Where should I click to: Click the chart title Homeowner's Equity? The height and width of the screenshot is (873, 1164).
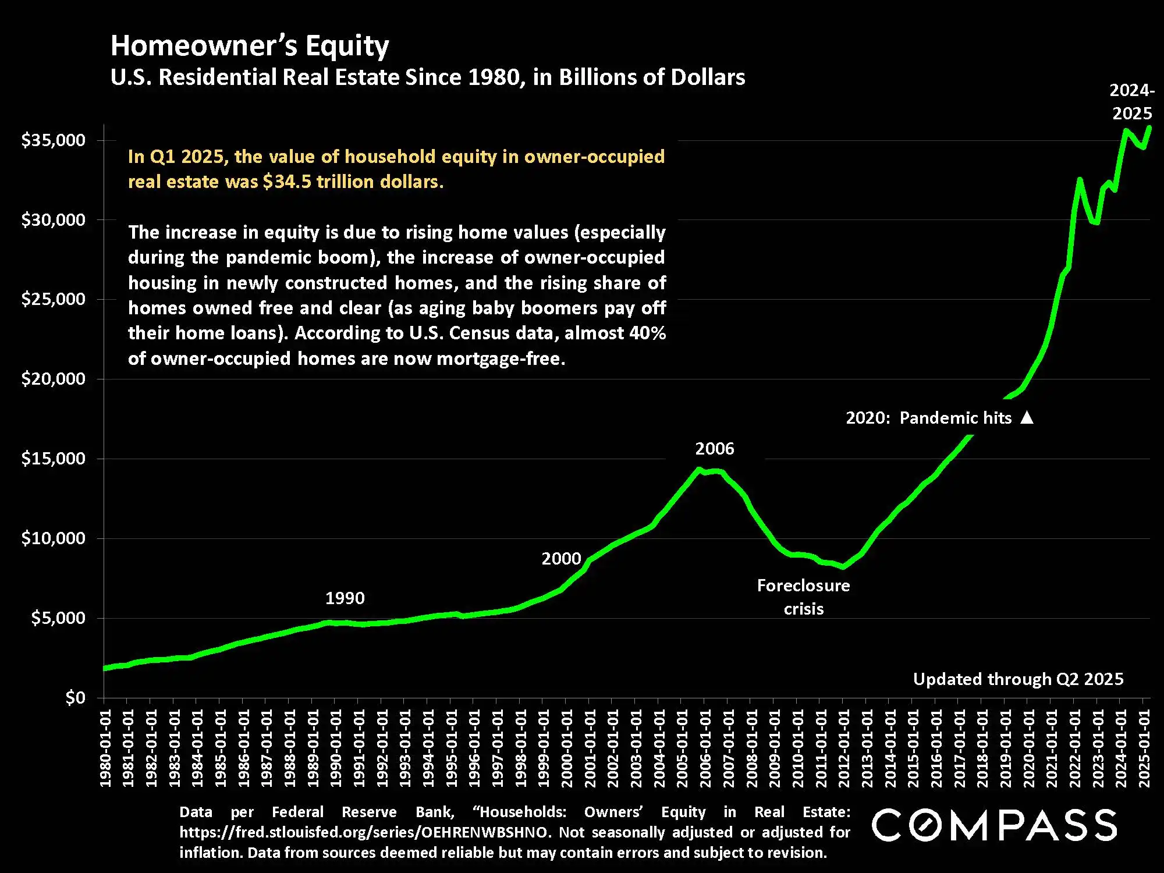(250, 45)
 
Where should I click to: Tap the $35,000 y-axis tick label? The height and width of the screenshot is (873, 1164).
(53, 140)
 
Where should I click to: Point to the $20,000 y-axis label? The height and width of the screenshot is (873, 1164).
(53, 379)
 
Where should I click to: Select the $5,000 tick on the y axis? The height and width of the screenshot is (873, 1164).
(58, 618)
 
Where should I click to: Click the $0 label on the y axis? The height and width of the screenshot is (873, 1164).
(75, 697)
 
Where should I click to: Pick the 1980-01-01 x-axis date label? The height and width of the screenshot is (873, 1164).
(105, 748)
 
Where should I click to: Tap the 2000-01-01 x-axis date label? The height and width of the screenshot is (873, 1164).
(567, 748)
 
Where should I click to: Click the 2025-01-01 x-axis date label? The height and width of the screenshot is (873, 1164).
(1144, 748)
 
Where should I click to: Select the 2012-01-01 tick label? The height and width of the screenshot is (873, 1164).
(844, 748)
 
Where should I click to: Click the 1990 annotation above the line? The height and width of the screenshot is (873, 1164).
(345, 598)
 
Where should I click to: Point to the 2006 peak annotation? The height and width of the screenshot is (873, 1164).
(714, 449)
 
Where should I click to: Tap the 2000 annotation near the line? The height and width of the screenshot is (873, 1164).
(561, 559)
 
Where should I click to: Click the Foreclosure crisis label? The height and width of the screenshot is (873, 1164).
(803, 597)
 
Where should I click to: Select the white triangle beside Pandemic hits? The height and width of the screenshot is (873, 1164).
(1027, 417)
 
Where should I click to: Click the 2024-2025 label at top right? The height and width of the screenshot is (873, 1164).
(1131, 102)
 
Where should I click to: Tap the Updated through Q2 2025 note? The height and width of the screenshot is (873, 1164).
(1018, 679)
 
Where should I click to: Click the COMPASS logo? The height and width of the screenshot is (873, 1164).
(994, 825)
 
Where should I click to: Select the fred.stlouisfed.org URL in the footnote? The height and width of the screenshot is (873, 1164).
(364, 832)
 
